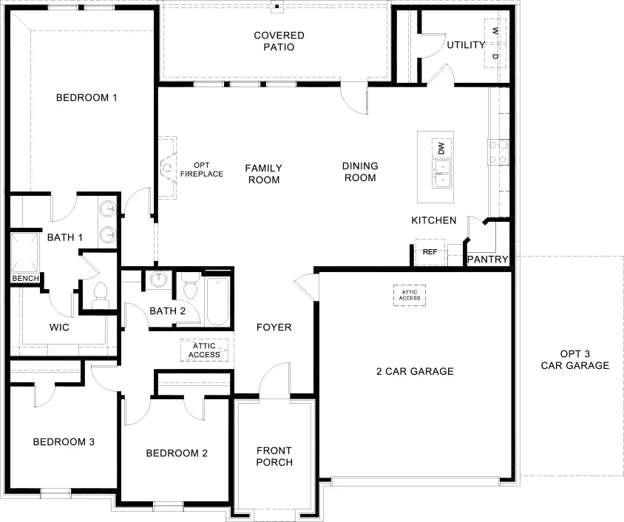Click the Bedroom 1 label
pos(88,98)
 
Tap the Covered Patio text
pos(279,41)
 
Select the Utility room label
pos(466,45)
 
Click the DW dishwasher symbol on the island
pos(441,148)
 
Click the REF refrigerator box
pos(430,252)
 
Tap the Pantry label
pos(488,260)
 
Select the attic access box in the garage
pos(410,295)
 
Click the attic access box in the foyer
pos(204,350)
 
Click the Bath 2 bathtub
pos(217,301)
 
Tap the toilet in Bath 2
pos(189,287)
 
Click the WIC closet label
pos(59,327)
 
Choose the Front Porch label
pos(274,456)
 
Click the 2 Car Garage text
pos(414,371)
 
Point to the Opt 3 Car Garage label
pos(574,359)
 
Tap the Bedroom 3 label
pos(64,442)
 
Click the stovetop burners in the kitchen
pos(498,151)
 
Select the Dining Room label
pos(360,172)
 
